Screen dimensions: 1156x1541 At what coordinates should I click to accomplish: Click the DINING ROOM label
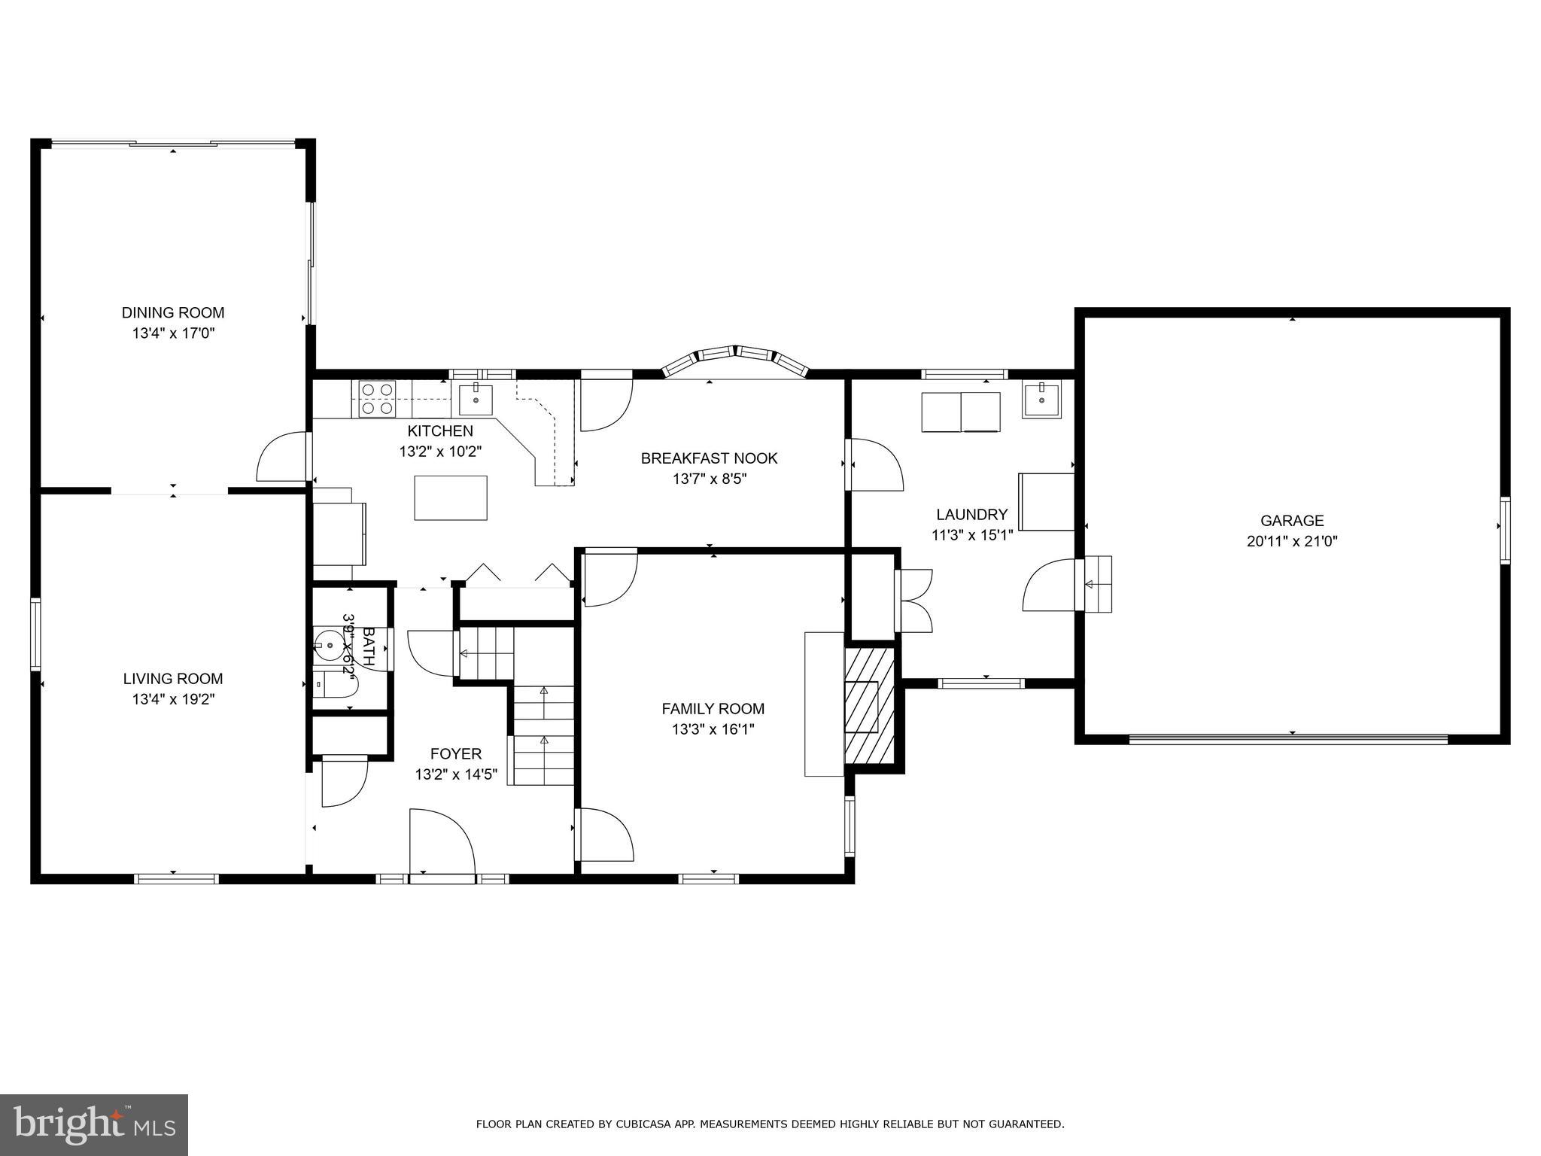[173, 312]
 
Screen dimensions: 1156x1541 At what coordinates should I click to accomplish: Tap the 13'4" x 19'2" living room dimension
[173, 699]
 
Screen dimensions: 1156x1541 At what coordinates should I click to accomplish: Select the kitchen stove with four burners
[377, 399]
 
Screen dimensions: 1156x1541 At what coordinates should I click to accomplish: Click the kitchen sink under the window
[476, 400]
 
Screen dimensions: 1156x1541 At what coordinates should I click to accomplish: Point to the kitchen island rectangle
[450, 497]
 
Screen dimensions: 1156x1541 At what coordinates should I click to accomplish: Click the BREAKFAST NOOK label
[709, 458]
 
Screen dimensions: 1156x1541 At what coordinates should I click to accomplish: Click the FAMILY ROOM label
[713, 708]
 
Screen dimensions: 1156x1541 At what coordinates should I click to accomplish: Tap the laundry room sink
[1040, 400]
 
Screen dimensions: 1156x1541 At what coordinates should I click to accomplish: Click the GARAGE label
[1292, 520]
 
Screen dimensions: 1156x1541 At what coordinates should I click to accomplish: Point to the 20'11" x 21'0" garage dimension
[1292, 540]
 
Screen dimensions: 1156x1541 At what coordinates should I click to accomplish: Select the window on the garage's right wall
[1504, 530]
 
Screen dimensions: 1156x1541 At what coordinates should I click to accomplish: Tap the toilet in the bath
[335, 686]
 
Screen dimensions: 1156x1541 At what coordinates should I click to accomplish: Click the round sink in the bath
[329, 646]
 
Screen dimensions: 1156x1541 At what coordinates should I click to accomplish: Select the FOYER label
[455, 753]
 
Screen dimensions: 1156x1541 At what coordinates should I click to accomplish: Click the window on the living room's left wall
[35, 634]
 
